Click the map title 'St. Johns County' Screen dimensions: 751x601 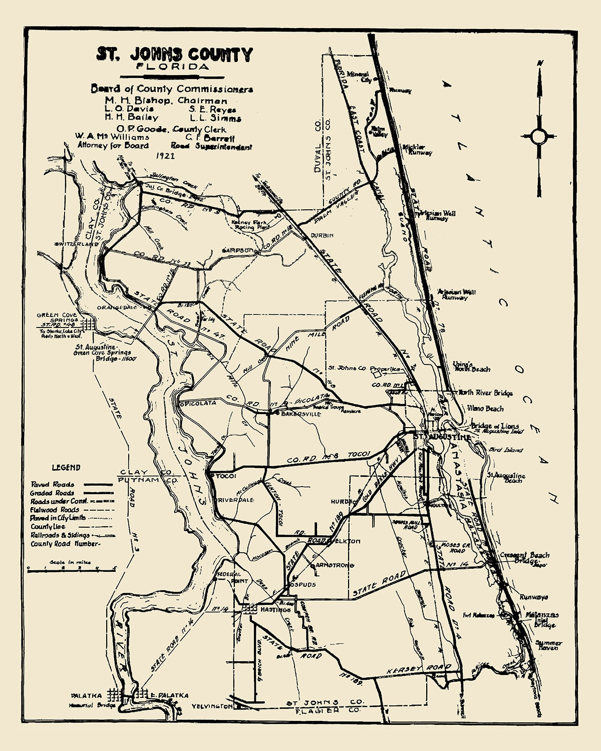tap(174, 54)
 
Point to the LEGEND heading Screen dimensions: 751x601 tap(66, 468)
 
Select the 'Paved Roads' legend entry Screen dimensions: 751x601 tap(53, 485)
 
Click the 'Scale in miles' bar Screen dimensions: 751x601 tap(72, 568)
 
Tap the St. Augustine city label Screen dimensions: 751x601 tap(443, 437)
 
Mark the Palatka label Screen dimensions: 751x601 tap(87, 695)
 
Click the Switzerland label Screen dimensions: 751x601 tap(74, 244)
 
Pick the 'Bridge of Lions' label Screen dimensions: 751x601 tap(494, 426)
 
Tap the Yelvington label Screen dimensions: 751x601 tap(212, 706)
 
